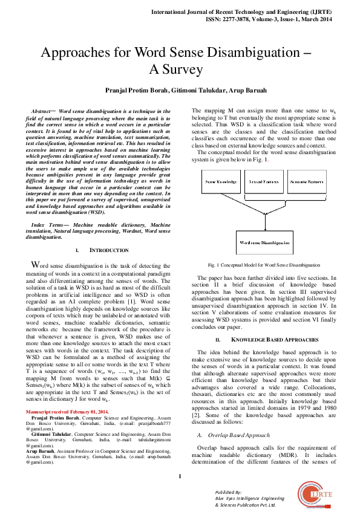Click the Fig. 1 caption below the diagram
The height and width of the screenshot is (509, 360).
[x=263, y=265]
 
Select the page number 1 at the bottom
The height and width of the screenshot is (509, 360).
[x=180, y=478]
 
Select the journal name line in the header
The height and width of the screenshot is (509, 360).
[x=249, y=11]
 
